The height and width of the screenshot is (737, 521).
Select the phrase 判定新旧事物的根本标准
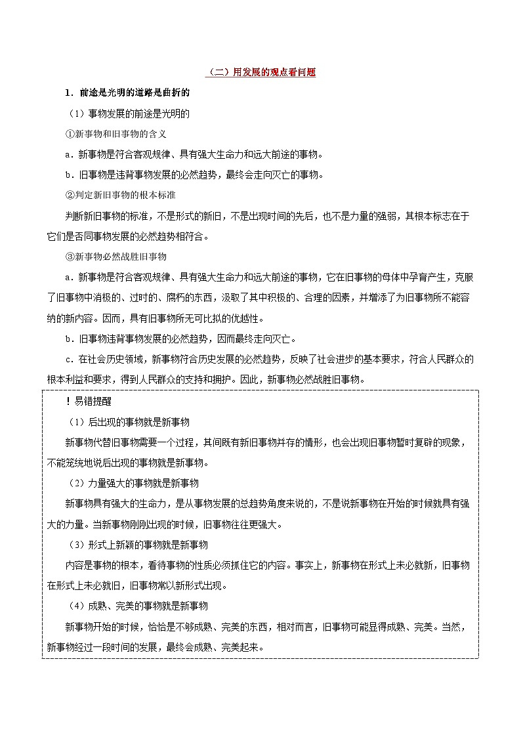pos(123,196)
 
